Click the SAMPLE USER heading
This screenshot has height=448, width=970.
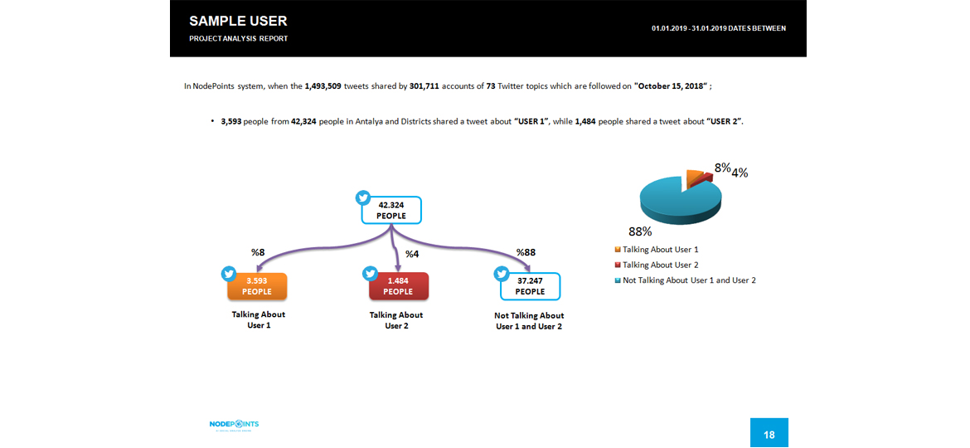pos(238,21)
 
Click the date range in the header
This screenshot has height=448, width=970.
pos(719,28)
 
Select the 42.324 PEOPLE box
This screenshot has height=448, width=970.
pos(392,210)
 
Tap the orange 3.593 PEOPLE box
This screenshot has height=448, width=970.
pos(257,286)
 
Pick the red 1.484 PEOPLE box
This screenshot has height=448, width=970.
pos(398,286)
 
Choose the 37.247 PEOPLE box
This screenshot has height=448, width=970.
pos(531,286)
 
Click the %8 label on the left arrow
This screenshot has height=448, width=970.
pos(258,252)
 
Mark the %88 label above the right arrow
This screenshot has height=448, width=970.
pos(526,252)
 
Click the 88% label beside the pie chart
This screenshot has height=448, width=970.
pos(640,232)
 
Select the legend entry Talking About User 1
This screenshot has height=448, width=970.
pos(660,250)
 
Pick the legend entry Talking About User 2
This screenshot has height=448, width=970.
pos(660,265)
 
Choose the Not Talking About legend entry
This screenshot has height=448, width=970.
pos(688,280)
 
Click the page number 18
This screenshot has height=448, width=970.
pos(769,434)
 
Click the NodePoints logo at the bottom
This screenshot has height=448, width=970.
pos(235,425)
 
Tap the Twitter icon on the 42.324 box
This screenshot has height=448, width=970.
pos(363,197)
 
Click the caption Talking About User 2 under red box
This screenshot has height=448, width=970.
pos(396,320)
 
